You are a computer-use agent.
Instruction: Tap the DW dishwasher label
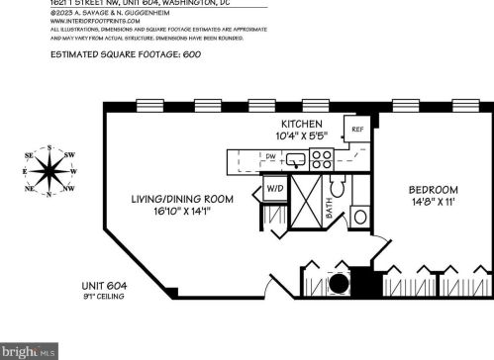tap(270, 156)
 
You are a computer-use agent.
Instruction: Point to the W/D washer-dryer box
tap(273, 190)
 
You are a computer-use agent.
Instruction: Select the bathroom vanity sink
tap(358, 216)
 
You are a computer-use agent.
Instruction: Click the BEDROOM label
tap(435, 190)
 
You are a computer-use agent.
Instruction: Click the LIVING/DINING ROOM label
tap(184, 199)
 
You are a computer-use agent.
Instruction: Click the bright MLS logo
tap(30, 350)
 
